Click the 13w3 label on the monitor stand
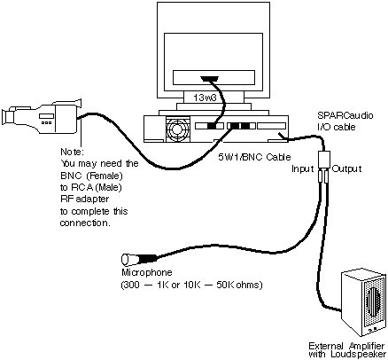pyautogui.click(x=205, y=98)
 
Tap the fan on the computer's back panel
pyautogui.click(x=177, y=129)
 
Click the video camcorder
pyautogui.click(x=42, y=116)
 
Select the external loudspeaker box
pyautogui.click(x=363, y=303)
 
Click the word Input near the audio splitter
pyautogui.click(x=302, y=168)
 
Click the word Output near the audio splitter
pyautogui.click(x=346, y=168)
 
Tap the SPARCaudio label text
pyautogui.click(x=345, y=115)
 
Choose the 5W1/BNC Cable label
pyautogui.click(x=254, y=157)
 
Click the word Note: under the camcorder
pyautogui.click(x=73, y=152)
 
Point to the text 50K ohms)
pyautogui.click(x=239, y=286)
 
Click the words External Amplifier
pyautogui.click(x=346, y=346)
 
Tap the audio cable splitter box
pyautogui.click(x=325, y=160)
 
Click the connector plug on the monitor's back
pyautogui.click(x=209, y=79)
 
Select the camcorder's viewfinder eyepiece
pyautogui.click(x=8, y=117)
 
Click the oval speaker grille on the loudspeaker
pyautogui.click(x=372, y=301)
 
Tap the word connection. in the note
pyautogui.click(x=85, y=223)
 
